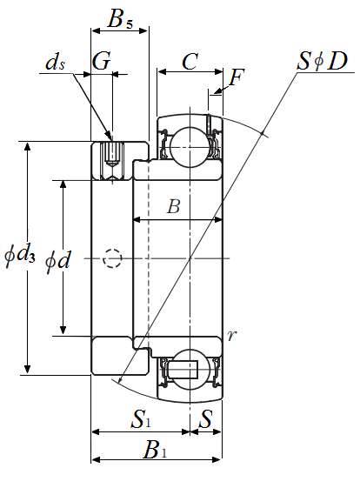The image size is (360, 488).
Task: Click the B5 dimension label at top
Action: (x=120, y=19)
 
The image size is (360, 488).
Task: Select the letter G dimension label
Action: (x=102, y=61)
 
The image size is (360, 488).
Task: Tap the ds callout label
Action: (x=56, y=63)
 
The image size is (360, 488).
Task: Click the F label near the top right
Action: (x=236, y=77)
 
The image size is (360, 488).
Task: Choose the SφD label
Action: (x=322, y=61)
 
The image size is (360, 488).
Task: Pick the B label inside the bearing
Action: (x=174, y=206)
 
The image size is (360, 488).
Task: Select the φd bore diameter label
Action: (x=58, y=261)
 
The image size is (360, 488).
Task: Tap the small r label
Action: (x=232, y=336)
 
